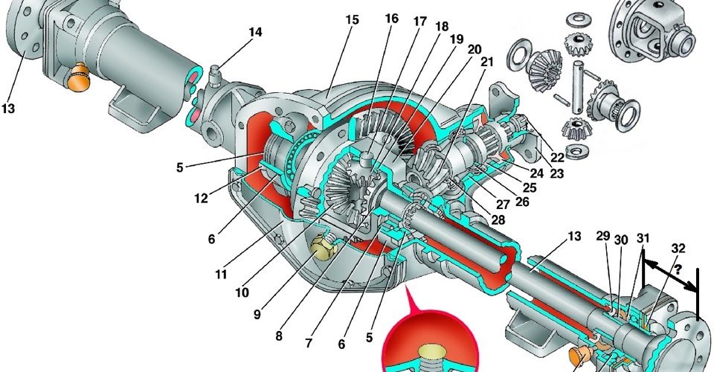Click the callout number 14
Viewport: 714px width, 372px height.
pyautogui.click(x=255, y=32)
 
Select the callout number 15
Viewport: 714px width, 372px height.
pyautogui.click(x=352, y=20)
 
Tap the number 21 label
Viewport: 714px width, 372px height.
pyautogui.click(x=486, y=62)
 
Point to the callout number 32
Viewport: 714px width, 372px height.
pyautogui.click(x=678, y=248)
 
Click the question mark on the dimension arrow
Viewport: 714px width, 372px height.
pyautogui.click(x=678, y=269)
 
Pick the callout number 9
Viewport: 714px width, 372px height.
pyautogui.click(x=257, y=314)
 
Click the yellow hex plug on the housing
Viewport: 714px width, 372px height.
pyautogui.click(x=324, y=246)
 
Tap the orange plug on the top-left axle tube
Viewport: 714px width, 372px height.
pyautogui.click(x=79, y=78)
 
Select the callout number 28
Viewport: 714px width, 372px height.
pyautogui.click(x=498, y=220)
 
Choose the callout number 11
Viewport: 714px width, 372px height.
pyautogui.click(x=221, y=275)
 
